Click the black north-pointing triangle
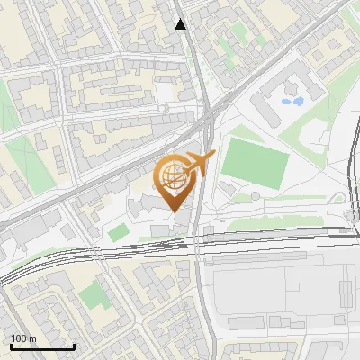181,24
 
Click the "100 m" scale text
24,337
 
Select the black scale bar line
42,346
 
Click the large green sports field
255,160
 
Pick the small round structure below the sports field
256,195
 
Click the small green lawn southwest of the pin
118,232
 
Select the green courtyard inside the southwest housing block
91,294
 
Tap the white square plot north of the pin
166,93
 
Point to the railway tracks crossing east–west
270,237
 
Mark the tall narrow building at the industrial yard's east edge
346,292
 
